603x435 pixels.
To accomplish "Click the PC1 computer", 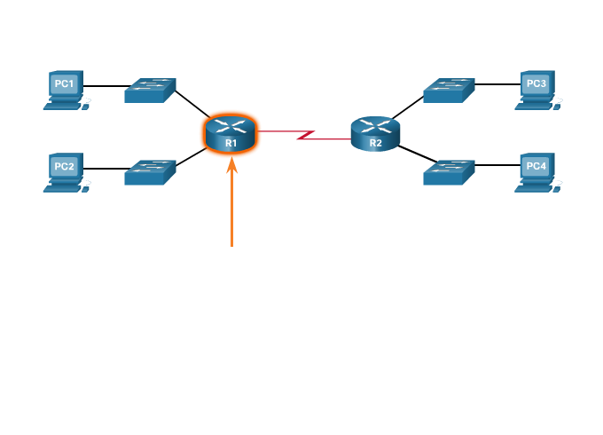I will coord(65,88).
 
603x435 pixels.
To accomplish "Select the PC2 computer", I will coord(65,170).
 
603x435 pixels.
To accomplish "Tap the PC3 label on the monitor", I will coord(536,83).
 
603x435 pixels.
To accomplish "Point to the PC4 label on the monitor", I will coord(536,166).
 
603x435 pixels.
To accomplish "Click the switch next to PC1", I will coord(150,90).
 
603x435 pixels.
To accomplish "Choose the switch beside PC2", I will coord(150,172).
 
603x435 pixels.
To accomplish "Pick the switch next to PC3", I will coord(449,90).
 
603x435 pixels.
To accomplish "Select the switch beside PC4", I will coord(449,172).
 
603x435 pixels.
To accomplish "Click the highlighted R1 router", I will coord(231,134).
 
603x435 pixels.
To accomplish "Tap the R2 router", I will coord(375,134).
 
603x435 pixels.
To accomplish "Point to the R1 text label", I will coord(231,143).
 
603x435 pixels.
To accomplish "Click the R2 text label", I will coord(375,143).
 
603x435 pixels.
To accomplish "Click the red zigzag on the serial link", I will coord(306,135).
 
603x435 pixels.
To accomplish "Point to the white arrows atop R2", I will coord(375,125).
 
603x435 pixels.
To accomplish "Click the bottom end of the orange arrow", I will coord(231,245).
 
